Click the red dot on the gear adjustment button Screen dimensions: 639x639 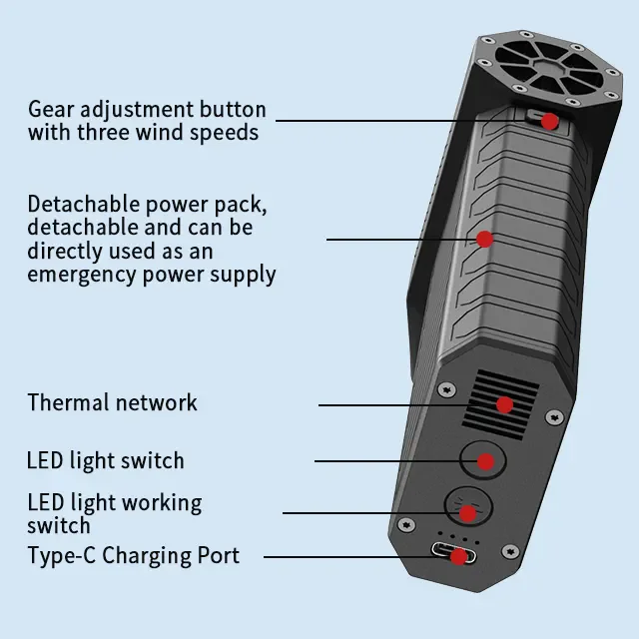pos(548,121)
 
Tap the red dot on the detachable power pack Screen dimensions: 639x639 pos(484,239)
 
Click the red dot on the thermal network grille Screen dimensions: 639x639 pos(504,404)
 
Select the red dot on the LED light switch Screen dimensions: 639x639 pos(485,461)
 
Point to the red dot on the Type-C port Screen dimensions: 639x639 pos(457,556)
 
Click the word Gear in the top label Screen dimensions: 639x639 pos(51,109)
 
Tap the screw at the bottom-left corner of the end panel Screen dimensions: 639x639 pos(405,524)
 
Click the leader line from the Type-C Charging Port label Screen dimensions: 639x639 pos(349,556)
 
